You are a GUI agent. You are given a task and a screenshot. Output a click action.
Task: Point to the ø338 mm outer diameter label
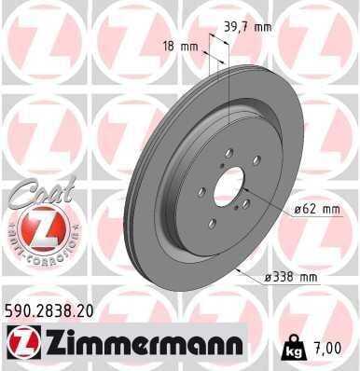pyautogui.click(x=291, y=277)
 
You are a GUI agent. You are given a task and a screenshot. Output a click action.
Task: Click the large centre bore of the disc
pyautogui.click(x=229, y=192)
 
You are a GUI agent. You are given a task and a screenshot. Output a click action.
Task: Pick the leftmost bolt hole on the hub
pyautogui.click(x=201, y=193)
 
